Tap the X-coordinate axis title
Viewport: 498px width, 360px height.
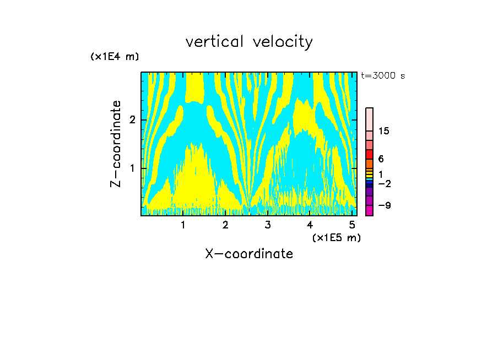249,254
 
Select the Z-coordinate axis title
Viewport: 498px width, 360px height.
116,144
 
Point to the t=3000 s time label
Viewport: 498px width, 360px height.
383,76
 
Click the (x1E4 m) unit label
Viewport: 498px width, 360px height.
115,57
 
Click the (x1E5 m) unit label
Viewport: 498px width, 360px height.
336,237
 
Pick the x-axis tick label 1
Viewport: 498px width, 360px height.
183,225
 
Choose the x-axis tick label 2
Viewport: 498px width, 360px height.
225,225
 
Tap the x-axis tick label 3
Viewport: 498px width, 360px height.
267,225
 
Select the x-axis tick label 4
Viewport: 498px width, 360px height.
310,225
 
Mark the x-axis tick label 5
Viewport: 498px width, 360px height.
351,225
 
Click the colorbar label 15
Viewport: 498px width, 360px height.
384,131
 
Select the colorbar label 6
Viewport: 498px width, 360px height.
381,159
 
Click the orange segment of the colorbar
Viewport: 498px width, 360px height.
369,164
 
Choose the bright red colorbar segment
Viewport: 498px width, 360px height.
369,155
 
